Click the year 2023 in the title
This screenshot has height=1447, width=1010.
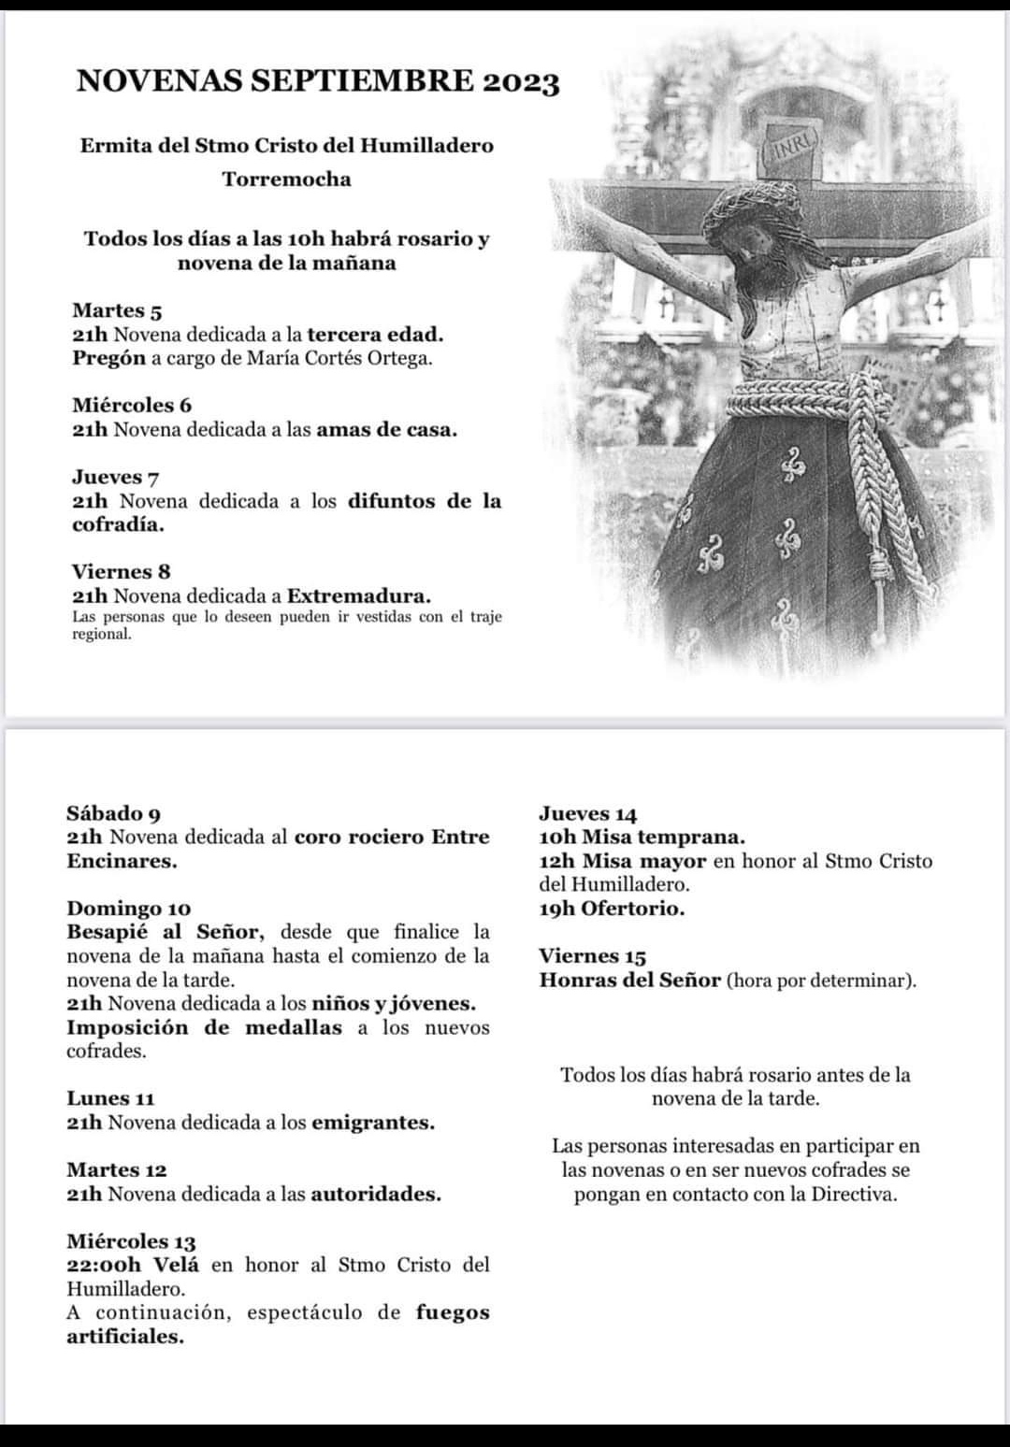(x=521, y=82)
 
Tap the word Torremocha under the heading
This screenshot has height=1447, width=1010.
(x=286, y=179)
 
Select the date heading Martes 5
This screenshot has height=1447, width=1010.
(x=117, y=310)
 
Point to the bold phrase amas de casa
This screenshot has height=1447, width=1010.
(x=386, y=430)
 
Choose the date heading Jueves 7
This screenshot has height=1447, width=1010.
(x=115, y=477)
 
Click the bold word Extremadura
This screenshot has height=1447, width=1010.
(x=358, y=595)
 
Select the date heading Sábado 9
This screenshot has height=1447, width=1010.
(x=113, y=813)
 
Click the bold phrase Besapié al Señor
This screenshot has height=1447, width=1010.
(x=166, y=932)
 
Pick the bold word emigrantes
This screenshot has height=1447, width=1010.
(x=372, y=1122)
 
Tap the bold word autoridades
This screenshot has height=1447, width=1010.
(x=375, y=1194)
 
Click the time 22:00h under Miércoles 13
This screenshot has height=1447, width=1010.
(x=104, y=1265)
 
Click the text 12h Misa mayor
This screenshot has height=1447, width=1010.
(x=622, y=861)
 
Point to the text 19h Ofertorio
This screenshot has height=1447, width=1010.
(x=612, y=909)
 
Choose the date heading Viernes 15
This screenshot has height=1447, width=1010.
(x=592, y=956)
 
